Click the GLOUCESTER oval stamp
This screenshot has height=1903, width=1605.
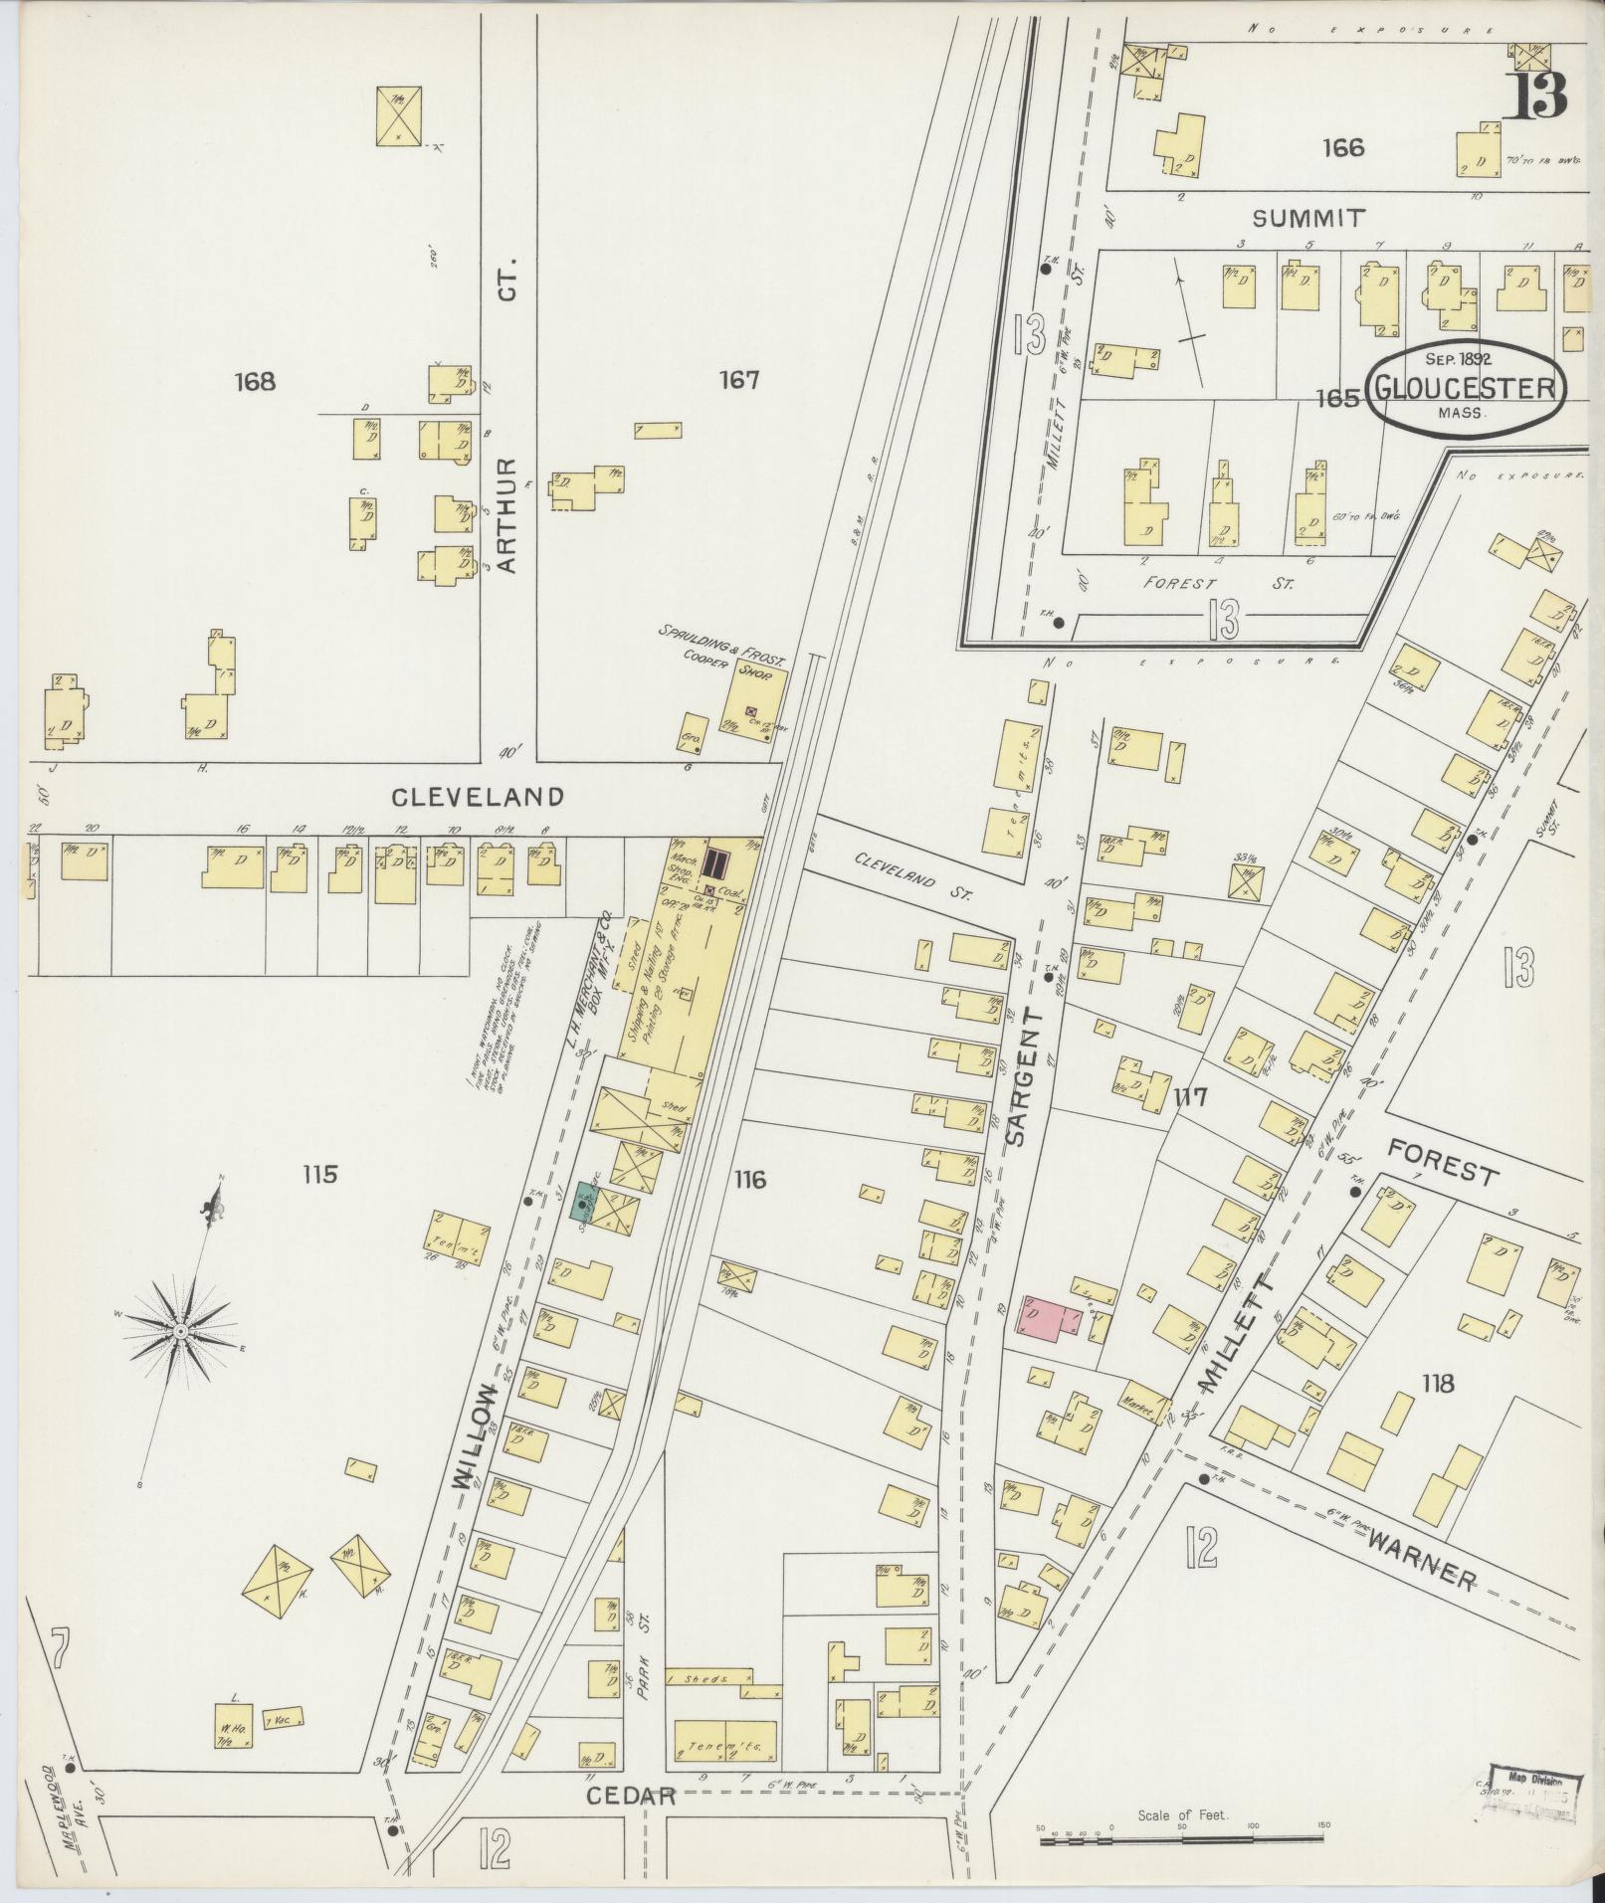[x=1465, y=387]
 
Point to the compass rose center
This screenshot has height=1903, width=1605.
[x=182, y=1330]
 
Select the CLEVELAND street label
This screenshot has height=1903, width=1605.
[x=477, y=797]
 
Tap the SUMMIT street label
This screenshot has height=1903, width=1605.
[x=1308, y=218]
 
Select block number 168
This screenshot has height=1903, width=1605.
[x=255, y=381]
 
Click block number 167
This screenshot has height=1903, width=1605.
[x=739, y=380]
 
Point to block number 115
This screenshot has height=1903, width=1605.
[x=320, y=1175]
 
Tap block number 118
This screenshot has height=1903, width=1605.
[x=1438, y=1383]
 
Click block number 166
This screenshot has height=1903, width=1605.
[x=1342, y=148]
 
